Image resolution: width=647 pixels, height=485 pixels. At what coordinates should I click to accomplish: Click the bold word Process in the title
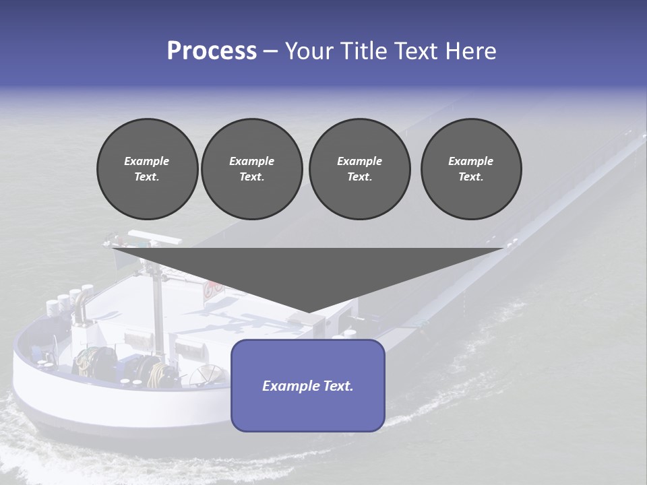pyautogui.click(x=212, y=51)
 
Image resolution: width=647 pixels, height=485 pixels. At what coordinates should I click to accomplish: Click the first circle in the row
pyautogui.click(x=147, y=169)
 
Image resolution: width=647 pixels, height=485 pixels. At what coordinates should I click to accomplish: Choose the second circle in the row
pyautogui.click(x=251, y=169)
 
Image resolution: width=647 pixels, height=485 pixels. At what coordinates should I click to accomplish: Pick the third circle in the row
pyautogui.click(x=359, y=169)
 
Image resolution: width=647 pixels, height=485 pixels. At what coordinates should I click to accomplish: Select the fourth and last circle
pyautogui.click(x=471, y=169)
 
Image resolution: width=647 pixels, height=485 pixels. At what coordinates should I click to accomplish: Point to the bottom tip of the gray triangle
pyautogui.click(x=309, y=312)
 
